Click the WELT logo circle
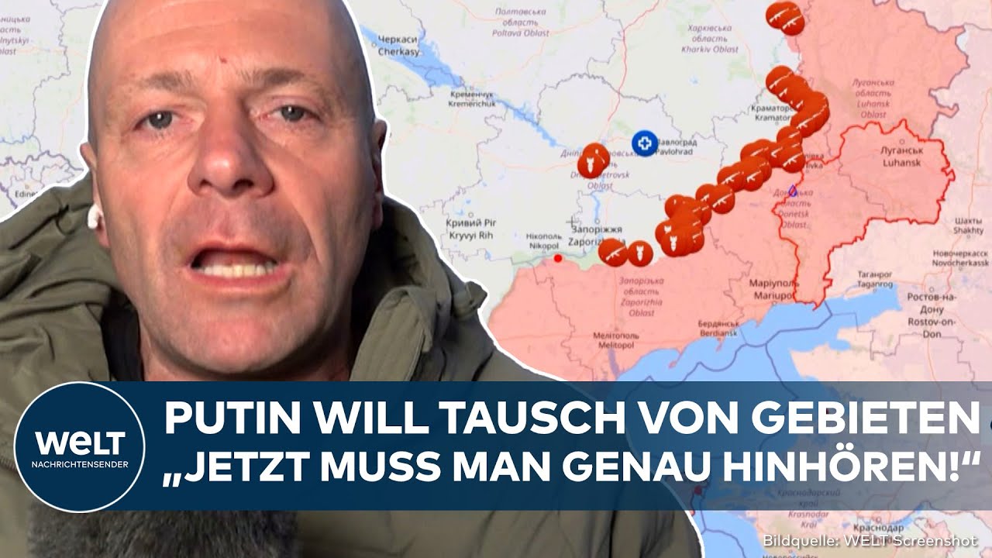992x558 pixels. [x=79, y=446]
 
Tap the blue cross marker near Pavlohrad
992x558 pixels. [x=643, y=143]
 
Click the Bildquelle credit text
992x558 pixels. [x=871, y=540]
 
